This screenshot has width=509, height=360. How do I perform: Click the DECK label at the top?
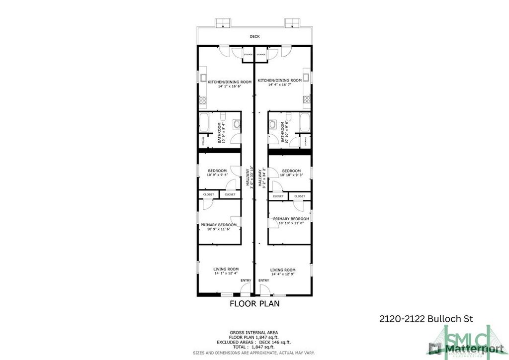pyautogui.click(x=254, y=36)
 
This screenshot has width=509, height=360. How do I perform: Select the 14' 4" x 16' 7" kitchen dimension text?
pyautogui.click(x=279, y=85)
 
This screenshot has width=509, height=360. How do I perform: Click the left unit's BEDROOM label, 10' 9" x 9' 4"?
pyautogui.click(x=217, y=171)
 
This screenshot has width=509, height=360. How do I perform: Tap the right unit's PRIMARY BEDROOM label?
pyautogui.click(x=291, y=219)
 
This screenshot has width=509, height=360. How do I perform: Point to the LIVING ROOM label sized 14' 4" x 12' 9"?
pyautogui.click(x=283, y=270)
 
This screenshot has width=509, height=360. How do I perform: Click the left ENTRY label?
pyautogui.click(x=246, y=281)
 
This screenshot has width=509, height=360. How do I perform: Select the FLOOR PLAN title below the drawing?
pyautogui.click(x=254, y=303)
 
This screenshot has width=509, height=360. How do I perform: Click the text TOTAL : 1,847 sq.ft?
pyautogui.click(x=254, y=348)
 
